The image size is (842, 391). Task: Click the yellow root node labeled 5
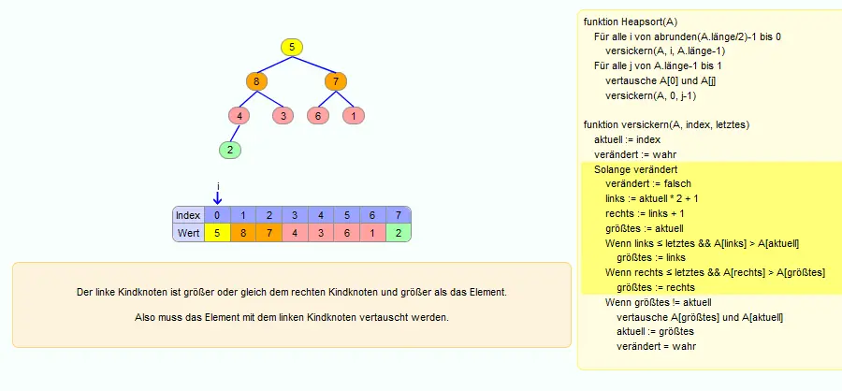292,48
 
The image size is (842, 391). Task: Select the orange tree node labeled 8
256,81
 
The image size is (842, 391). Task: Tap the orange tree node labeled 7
336,81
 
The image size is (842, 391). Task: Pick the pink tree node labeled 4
239,115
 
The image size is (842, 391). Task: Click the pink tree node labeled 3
283,115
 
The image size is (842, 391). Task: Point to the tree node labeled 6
318,115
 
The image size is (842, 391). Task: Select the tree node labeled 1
354,115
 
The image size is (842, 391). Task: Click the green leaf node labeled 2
230,150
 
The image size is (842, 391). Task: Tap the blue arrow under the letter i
217,198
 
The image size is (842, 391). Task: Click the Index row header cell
188,215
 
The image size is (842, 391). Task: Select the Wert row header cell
188,233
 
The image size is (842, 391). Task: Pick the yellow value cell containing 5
217,233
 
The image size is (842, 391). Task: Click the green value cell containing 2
398,233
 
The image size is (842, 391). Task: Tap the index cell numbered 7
398,215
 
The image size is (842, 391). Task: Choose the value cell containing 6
346,233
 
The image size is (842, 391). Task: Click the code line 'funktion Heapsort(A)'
631,22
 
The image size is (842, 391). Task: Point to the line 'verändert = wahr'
656,346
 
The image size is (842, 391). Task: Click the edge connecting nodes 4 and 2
235,133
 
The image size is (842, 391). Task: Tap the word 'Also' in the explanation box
143,317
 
